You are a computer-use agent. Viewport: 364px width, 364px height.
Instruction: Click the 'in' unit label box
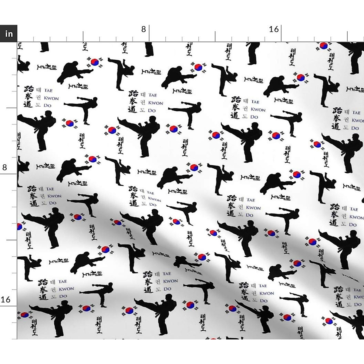click(8, 33)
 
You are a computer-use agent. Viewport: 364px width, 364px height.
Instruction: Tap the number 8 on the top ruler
click(143, 29)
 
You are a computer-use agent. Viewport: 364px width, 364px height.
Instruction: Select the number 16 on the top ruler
click(274, 29)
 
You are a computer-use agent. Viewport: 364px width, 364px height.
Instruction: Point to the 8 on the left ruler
click(5, 167)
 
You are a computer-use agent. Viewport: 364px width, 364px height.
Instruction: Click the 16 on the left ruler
click(5, 300)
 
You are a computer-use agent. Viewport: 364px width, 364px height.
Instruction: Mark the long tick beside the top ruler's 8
click(149, 33)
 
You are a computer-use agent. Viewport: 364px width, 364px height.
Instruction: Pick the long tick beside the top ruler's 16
click(281, 33)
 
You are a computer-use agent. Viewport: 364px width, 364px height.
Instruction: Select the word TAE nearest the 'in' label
click(48, 90)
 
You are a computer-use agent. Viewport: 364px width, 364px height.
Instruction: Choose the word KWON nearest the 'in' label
click(51, 98)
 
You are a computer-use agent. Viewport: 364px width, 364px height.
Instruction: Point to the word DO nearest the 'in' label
click(48, 106)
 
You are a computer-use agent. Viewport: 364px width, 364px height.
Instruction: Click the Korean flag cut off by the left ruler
click(19, 227)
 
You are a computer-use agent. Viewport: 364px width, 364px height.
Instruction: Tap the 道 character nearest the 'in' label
click(29, 104)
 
